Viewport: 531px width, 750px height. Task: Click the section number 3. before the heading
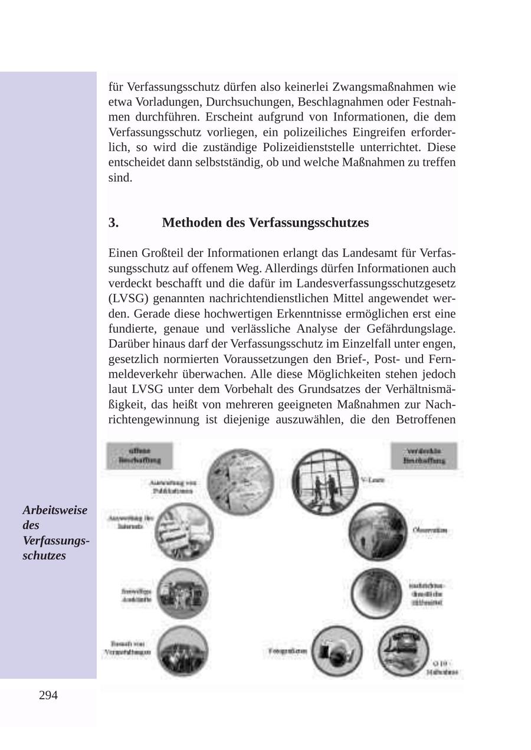113,222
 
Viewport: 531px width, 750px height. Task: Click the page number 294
48,695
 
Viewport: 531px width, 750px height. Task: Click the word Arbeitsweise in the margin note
55,510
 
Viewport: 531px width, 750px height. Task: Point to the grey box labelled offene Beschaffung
139,456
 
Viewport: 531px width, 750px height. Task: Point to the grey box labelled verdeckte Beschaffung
424,456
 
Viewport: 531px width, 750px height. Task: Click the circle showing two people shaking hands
324,482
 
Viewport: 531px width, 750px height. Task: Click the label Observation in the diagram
430,530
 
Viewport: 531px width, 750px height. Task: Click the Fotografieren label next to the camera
287,651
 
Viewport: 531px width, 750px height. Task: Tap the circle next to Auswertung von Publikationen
241,480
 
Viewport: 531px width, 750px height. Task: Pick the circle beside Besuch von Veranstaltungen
183,651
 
